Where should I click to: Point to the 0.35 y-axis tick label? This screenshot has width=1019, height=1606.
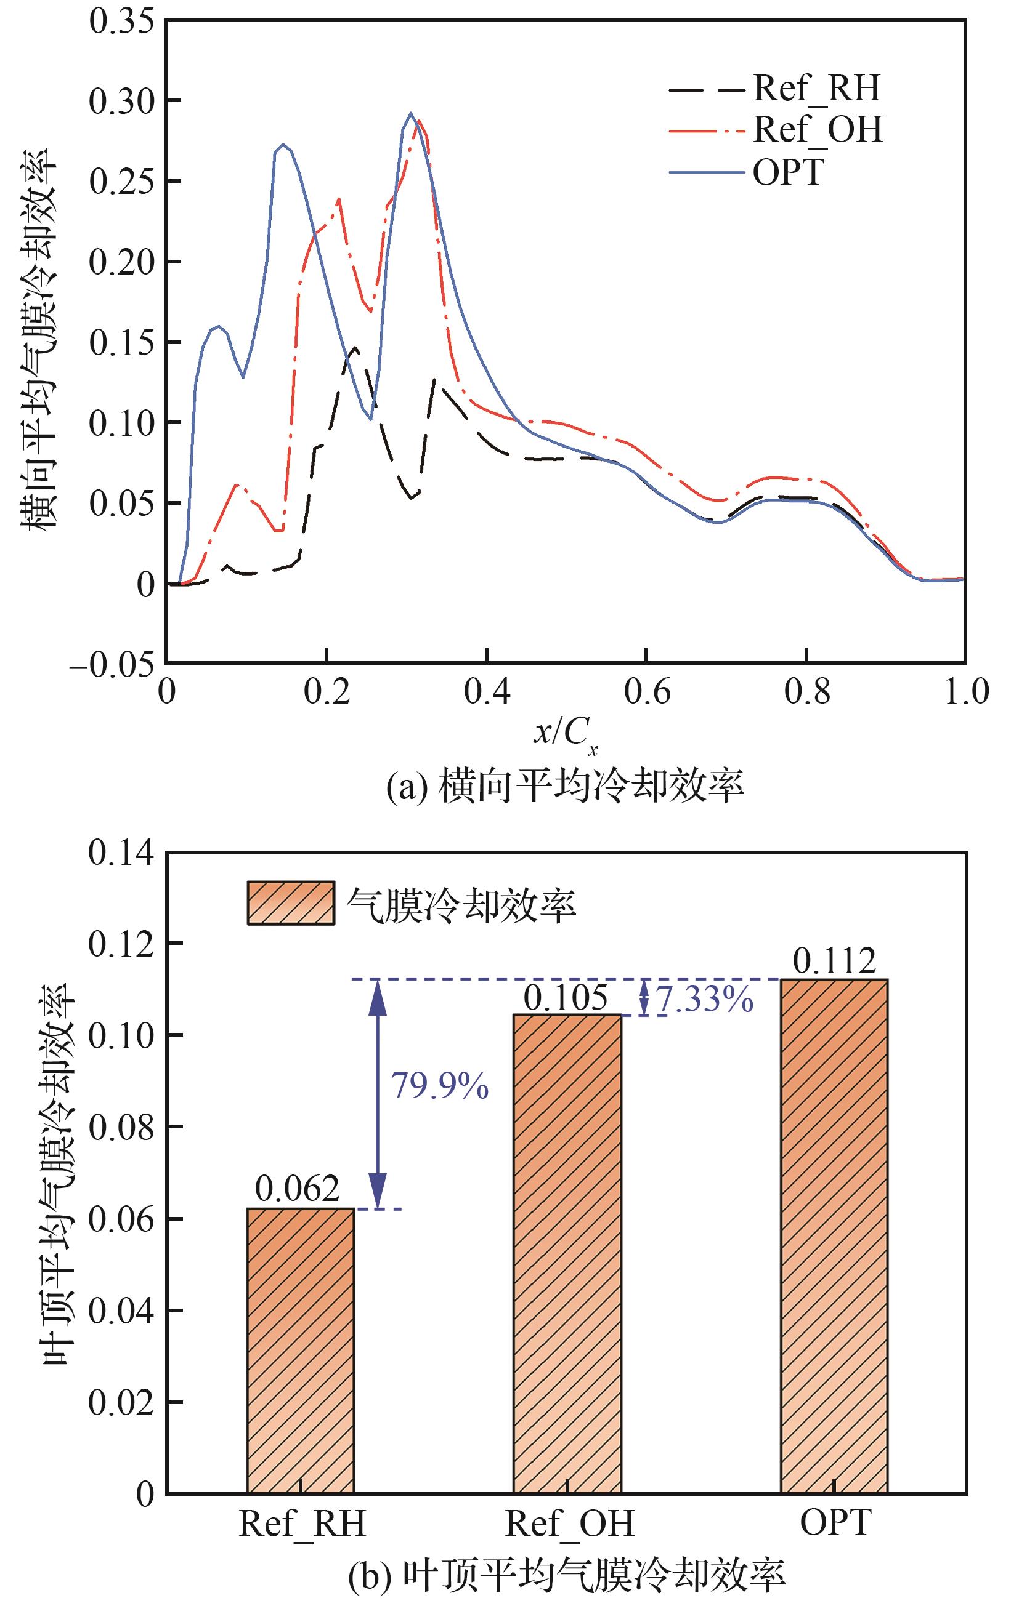pos(121,22)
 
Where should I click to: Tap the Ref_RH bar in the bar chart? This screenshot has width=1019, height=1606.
pos(300,1351)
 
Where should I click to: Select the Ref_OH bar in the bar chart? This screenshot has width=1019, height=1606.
pos(567,1255)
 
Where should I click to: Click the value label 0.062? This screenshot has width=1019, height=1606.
pos(298,1189)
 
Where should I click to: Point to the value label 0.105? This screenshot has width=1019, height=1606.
pos(566,998)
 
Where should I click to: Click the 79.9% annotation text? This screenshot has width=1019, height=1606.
pos(439,1086)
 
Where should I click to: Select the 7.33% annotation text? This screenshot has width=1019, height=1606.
pos(704,999)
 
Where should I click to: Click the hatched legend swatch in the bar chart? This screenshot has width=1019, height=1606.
pos(290,903)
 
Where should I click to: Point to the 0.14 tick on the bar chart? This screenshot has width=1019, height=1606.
pos(121,853)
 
